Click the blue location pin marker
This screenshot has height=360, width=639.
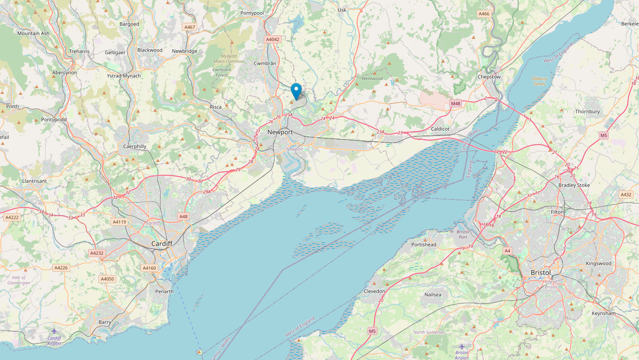(x=296, y=91)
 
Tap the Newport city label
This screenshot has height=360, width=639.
(x=280, y=132)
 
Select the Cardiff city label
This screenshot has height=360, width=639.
(x=162, y=244)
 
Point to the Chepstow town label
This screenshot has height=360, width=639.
(x=489, y=76)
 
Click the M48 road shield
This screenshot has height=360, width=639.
(x=456, y=104)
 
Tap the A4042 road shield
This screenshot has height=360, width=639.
(x=272, y=39)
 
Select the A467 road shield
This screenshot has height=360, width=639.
(x=190, y=27)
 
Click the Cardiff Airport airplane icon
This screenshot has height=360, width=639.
(x=54, y=331)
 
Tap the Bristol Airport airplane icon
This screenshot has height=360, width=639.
(x=461, y=346)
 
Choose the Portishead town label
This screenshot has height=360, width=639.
(x=423, y=245)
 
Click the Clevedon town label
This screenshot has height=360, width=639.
(x=374, y=291)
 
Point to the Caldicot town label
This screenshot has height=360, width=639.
(x=440, y=129)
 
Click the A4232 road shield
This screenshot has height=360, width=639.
(x=97, y=253)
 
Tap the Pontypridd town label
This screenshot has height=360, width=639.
(x=53, y=120)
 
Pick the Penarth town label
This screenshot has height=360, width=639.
(x=164, y=292)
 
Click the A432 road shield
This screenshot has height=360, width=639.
(x=626, y=195)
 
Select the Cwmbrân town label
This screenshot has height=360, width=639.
(x=265, y=64)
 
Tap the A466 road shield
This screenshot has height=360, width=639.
(x=484, y=14)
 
